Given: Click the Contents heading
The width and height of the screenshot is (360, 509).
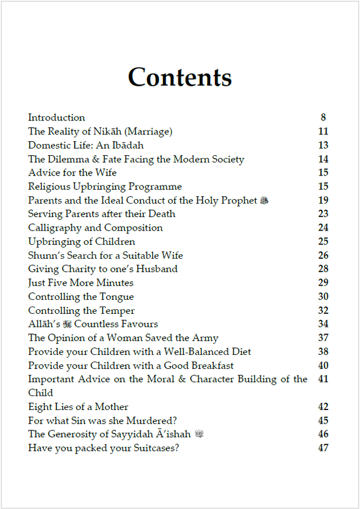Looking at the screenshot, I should (179, 77).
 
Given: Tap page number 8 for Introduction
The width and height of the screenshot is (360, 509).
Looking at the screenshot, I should (323, 118).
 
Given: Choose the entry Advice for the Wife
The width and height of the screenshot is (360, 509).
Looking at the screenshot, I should (73, 173).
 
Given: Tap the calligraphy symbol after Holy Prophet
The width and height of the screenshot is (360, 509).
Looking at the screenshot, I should (264, 201).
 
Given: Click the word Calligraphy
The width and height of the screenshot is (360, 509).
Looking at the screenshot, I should (56, 228).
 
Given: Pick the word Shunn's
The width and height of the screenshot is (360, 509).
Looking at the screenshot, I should (44, 255).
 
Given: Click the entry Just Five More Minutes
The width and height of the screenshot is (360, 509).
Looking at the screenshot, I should (81, 283).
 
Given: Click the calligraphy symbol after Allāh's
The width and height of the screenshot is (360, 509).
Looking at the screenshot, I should (67, 324).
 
